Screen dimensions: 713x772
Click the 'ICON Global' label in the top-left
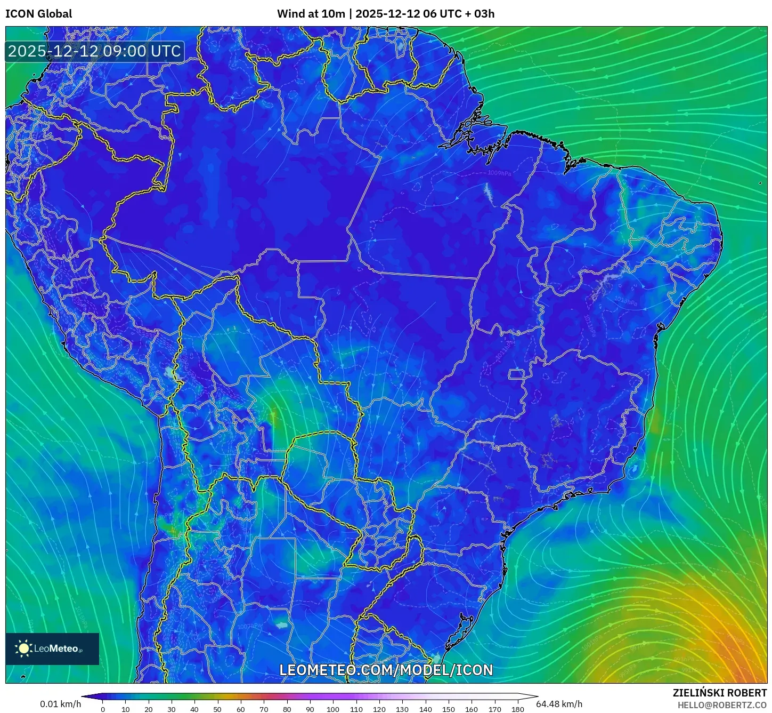(38, 14)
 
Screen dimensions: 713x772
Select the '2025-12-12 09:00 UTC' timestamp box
(95, 51)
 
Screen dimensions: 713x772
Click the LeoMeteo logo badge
(52, 648)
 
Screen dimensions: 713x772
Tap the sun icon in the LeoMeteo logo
(24, 648)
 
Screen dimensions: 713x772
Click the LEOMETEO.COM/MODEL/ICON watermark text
(386, 670)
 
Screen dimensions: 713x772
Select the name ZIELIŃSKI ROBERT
(719, 693)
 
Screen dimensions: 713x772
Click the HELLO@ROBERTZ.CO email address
(722, 705)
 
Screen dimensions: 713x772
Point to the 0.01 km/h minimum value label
(60, 704)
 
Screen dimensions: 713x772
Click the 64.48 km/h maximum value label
(559, 704)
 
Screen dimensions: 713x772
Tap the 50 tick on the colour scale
(217, 709)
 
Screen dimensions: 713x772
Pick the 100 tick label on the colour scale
(333, 709)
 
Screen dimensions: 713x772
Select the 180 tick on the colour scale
(517, 709)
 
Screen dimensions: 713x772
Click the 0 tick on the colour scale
(103, 709)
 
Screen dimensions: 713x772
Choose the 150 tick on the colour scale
(449, 709)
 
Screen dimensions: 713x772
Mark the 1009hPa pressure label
(499, 173)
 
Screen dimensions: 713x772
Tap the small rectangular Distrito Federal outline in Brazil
(516, 374)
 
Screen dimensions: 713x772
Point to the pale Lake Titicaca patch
(172, 373)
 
